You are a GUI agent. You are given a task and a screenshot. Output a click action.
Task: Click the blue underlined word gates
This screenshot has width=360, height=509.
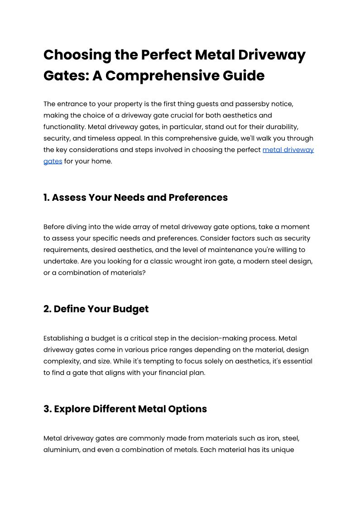tap(53, 161)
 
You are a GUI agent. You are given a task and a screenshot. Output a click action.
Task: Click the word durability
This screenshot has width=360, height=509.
tap(291, 127)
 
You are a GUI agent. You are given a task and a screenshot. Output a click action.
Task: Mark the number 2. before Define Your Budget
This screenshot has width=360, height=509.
tap(47, 309)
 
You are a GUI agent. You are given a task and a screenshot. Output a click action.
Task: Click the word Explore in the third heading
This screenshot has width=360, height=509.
tap(72, 409)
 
